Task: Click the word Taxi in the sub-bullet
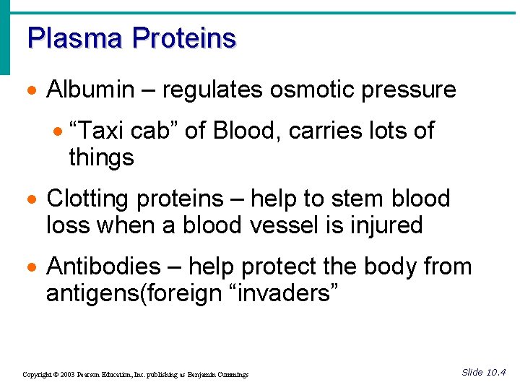click(97, 131)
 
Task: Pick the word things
click(101, 157)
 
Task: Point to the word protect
click(279, 266)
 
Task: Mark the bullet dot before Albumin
click(32, 91)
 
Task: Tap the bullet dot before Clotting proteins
click(32, 200)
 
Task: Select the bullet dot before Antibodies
click(32, 268)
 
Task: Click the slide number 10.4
click(496, 373)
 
